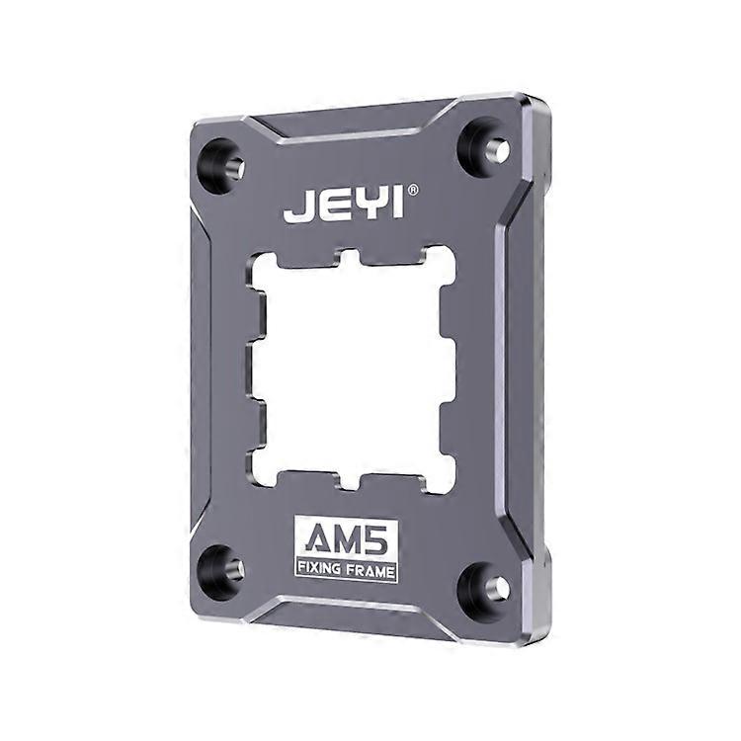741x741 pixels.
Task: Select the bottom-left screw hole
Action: pyautogui.click(x=221, y=569)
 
